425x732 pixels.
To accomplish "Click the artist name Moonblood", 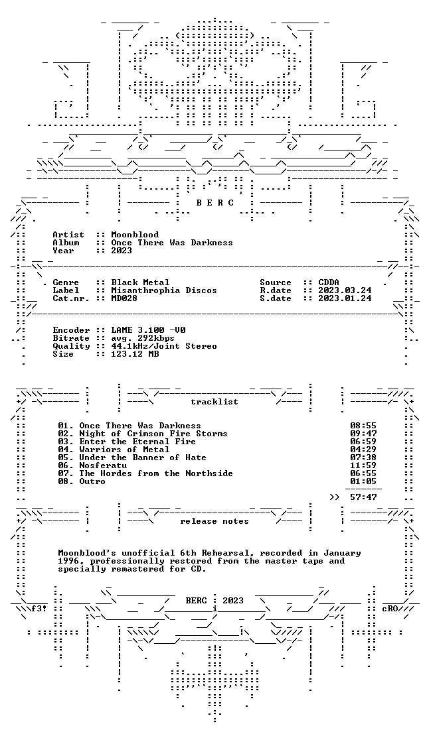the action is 135,235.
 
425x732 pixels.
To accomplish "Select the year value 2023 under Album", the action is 122,251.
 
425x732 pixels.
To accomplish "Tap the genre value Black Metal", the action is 140,282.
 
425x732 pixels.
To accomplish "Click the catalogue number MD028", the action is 124,298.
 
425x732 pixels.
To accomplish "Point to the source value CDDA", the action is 329,282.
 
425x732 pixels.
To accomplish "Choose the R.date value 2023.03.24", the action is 345,290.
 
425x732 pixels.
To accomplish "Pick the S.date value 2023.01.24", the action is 345,298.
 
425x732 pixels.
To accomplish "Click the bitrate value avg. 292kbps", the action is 143,338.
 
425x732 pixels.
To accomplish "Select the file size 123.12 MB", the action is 135,354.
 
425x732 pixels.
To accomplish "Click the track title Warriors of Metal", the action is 124,450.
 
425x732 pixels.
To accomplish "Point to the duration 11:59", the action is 363,465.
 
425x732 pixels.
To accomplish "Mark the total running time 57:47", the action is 363,498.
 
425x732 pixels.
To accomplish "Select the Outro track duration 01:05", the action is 363,481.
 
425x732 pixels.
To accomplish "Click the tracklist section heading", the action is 214,402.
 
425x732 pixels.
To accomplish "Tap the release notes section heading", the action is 214,521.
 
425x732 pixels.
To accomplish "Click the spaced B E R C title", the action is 214,203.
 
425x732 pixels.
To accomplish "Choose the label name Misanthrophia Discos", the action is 164,290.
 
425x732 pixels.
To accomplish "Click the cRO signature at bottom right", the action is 390,609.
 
